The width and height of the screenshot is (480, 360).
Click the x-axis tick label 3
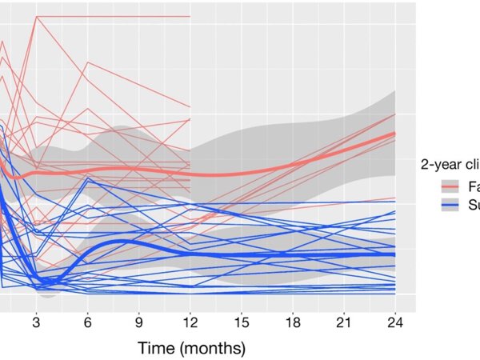tap(37, 322)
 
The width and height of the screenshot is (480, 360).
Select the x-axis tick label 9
tap(139, 322)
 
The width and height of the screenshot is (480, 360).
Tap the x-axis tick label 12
tap(190, 322)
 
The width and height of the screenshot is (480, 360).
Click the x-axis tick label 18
tap(293, 322)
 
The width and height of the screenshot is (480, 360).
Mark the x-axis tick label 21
tap(344, 322)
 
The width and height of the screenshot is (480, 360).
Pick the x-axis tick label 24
tap(395, 322)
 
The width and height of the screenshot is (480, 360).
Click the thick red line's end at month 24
tap(395, 134)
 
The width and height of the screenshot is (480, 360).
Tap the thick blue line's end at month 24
tap(395, 254)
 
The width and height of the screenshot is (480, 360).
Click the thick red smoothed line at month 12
tap(190, 174)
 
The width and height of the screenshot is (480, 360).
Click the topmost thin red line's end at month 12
tap(190, 16)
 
